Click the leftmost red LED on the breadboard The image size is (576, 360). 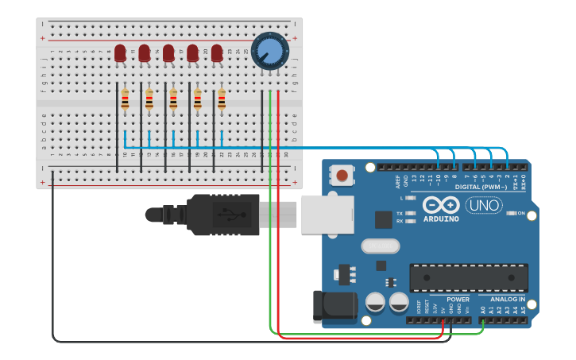[120, 53]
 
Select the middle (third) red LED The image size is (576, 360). [168, 53]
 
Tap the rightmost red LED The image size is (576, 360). [217, 53]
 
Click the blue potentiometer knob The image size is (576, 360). [269, 50]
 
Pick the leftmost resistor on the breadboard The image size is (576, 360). [125, 99]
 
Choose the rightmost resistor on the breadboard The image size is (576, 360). [222, 99]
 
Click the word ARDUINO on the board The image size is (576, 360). [441, 219]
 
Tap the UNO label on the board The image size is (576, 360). [483, 205]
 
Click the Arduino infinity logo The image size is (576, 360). [441, 204]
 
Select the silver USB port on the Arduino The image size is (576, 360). [326, 214]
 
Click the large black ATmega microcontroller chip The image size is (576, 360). [469, 277]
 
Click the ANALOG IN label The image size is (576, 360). [507, 300]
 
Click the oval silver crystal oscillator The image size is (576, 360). [380, 246]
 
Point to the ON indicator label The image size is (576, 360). [532, 213]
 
